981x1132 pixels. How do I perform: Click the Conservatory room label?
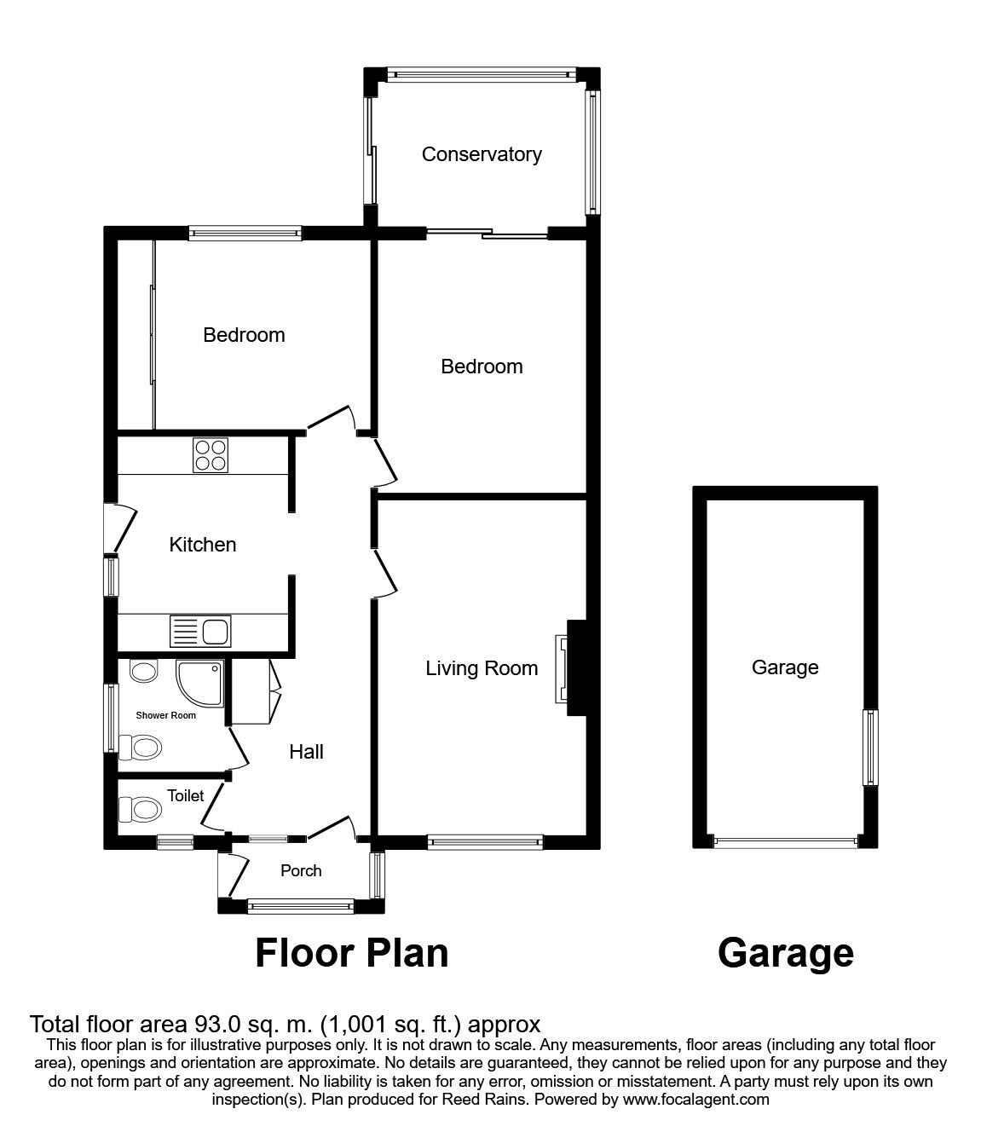point(482,154)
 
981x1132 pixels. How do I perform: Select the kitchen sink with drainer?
point(200,632)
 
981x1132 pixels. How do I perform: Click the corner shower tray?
point(199,684)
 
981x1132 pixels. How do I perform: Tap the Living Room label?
point(482,668)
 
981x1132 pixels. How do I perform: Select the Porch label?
point(301,870)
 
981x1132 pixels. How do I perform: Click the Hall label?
point(306,752)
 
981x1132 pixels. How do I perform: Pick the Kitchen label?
point(203,545)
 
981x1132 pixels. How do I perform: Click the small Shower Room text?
point(165,715)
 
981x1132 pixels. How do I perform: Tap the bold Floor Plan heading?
point(352,952)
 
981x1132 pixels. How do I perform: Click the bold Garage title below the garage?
point(785,952)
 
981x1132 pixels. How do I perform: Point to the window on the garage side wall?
point(870,748)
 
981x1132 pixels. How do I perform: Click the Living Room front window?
point(485,842)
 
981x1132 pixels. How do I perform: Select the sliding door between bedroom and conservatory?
point(487,233)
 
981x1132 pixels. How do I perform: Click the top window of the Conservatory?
point(482,75)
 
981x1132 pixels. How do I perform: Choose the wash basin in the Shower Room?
point(143,672)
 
